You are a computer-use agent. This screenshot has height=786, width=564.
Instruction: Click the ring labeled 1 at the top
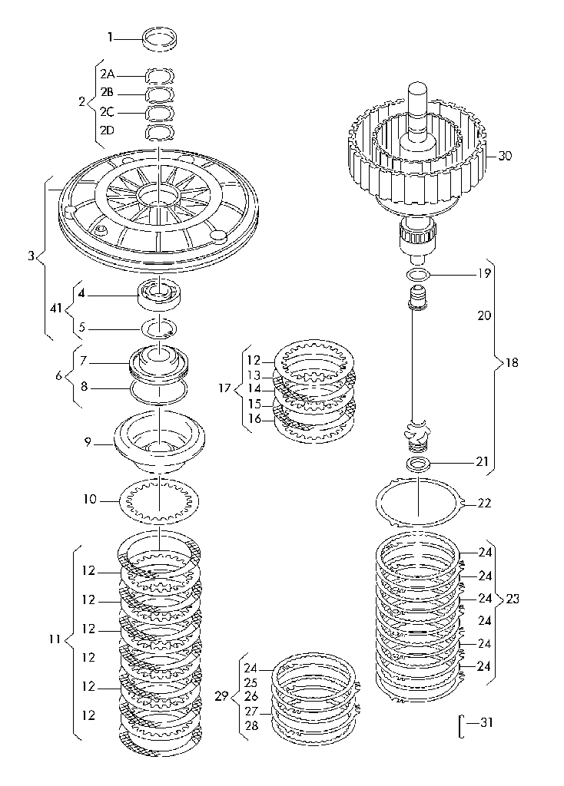click(x=160, y=38)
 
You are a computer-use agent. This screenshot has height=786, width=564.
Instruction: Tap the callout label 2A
click(x=107, y=74)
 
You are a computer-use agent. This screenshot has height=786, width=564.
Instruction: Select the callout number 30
click(x=504, y=155)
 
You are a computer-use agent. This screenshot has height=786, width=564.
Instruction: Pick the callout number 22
click(x=484, y=504)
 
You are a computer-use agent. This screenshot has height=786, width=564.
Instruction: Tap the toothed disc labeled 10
click(x=160, y=500)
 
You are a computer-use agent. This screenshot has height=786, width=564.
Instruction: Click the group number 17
click(x=224, y=388)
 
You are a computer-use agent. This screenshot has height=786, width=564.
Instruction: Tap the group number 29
click(x=221, y=697)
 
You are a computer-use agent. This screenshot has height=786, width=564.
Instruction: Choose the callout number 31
click(x=486, y=722)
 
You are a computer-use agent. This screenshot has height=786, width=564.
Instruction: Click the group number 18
click(x=511, y=363)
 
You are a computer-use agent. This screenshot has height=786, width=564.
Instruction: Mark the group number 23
click(x=513, y=599)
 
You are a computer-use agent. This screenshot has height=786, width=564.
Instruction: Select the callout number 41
click(x=55, y=309)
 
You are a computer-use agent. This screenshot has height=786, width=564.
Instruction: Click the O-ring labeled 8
click(x=160, y=391)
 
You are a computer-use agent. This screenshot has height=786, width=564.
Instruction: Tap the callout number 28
click(x=251, y=725)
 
